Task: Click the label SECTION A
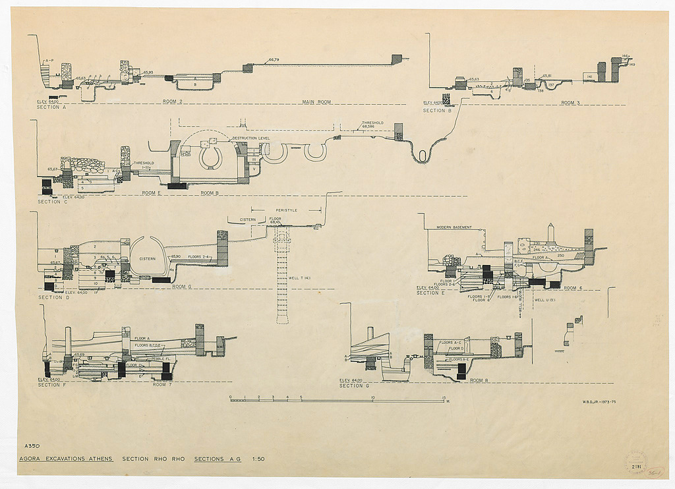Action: [51, 107]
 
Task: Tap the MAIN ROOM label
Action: [316, 102]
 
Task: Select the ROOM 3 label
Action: [570, 103]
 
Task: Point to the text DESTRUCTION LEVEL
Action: [250, 138]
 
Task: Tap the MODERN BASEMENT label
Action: [454, 227]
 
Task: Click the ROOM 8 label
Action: [479, 380]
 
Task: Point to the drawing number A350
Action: [32, 446]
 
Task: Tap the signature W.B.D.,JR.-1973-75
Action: [599, 402]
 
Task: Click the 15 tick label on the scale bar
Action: [444, 397]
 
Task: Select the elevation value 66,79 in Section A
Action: [275, 60]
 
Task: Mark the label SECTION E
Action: [430, 293]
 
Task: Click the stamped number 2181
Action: [636, 467]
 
